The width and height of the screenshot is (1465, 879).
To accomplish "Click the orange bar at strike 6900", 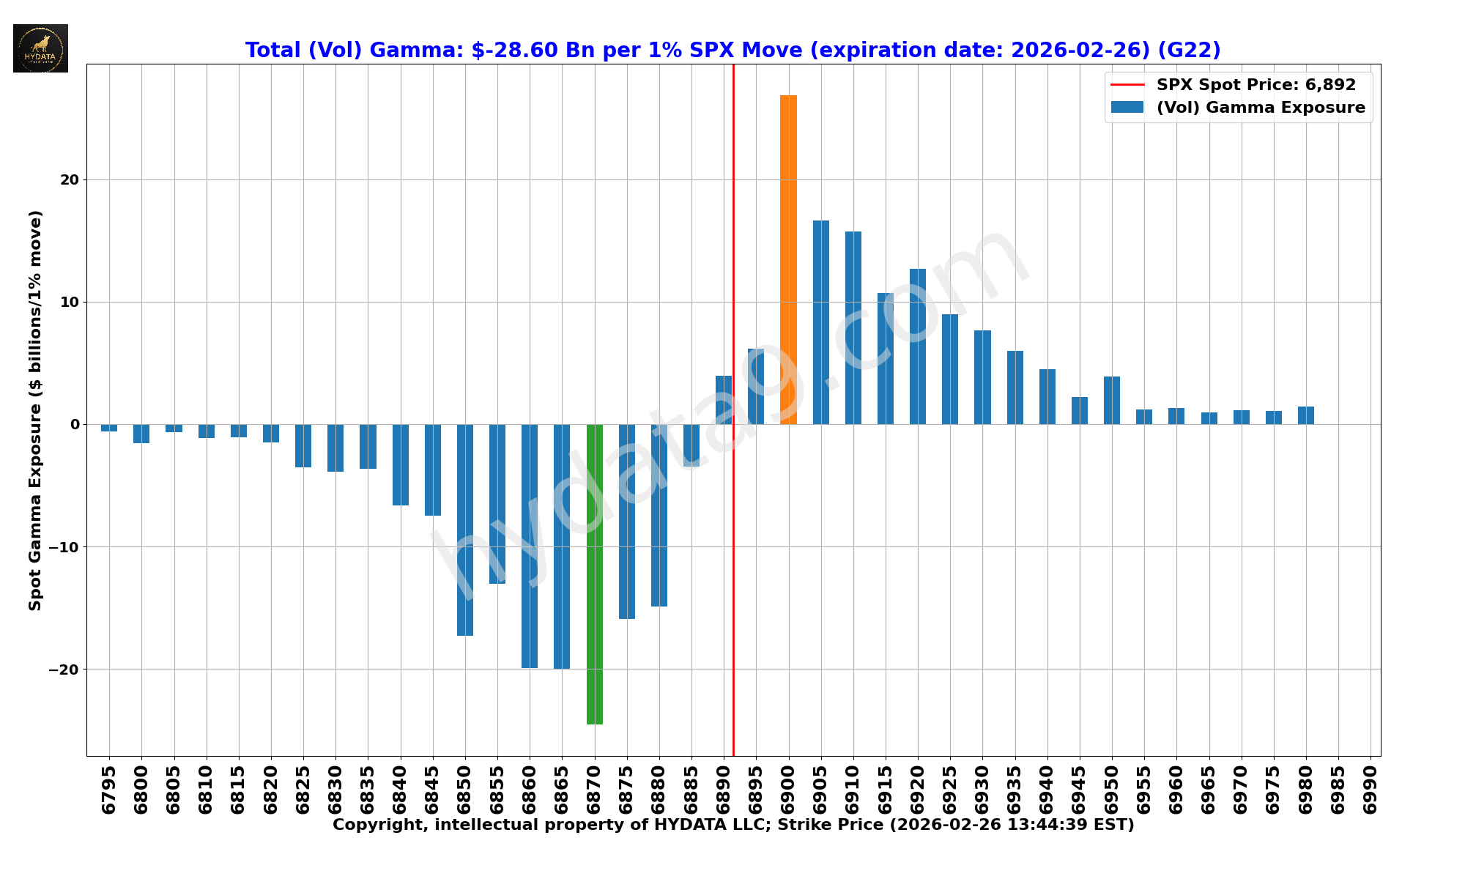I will pyautogui.click(x=788, y=260).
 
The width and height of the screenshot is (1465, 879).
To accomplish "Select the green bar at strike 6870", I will pyautogui.click(x=595, y=574).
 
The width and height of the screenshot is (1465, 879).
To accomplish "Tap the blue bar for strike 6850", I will pyautogui.click(x=465, y=530).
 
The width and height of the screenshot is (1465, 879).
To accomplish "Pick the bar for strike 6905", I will pyautogui.click(x=821, y=322).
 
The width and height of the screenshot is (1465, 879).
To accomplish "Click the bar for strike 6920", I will pyautogui.click(x=918, y=346).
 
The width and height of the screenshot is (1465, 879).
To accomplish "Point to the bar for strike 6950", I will pyautogui.click(x=1112, y=400).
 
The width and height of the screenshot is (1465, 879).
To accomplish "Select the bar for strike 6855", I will pyautogui.click(x=497, y=504).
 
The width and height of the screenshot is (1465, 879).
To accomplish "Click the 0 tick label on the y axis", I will pyautogui.click(x=75, y=425).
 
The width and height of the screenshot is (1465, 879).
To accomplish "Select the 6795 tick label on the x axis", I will pyautogui.click(x=109, y=790).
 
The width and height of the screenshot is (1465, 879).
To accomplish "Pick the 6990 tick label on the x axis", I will pyautogui.click(x=1371, y=790).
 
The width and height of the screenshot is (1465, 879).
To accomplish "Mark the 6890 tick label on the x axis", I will pyautogui.click(x=724, y=790).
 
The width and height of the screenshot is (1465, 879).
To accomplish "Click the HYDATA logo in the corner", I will pyautogui.click(x=41, y=48).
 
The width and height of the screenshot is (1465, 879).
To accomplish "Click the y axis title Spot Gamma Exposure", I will pyautogui.click(x=35, y=410).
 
